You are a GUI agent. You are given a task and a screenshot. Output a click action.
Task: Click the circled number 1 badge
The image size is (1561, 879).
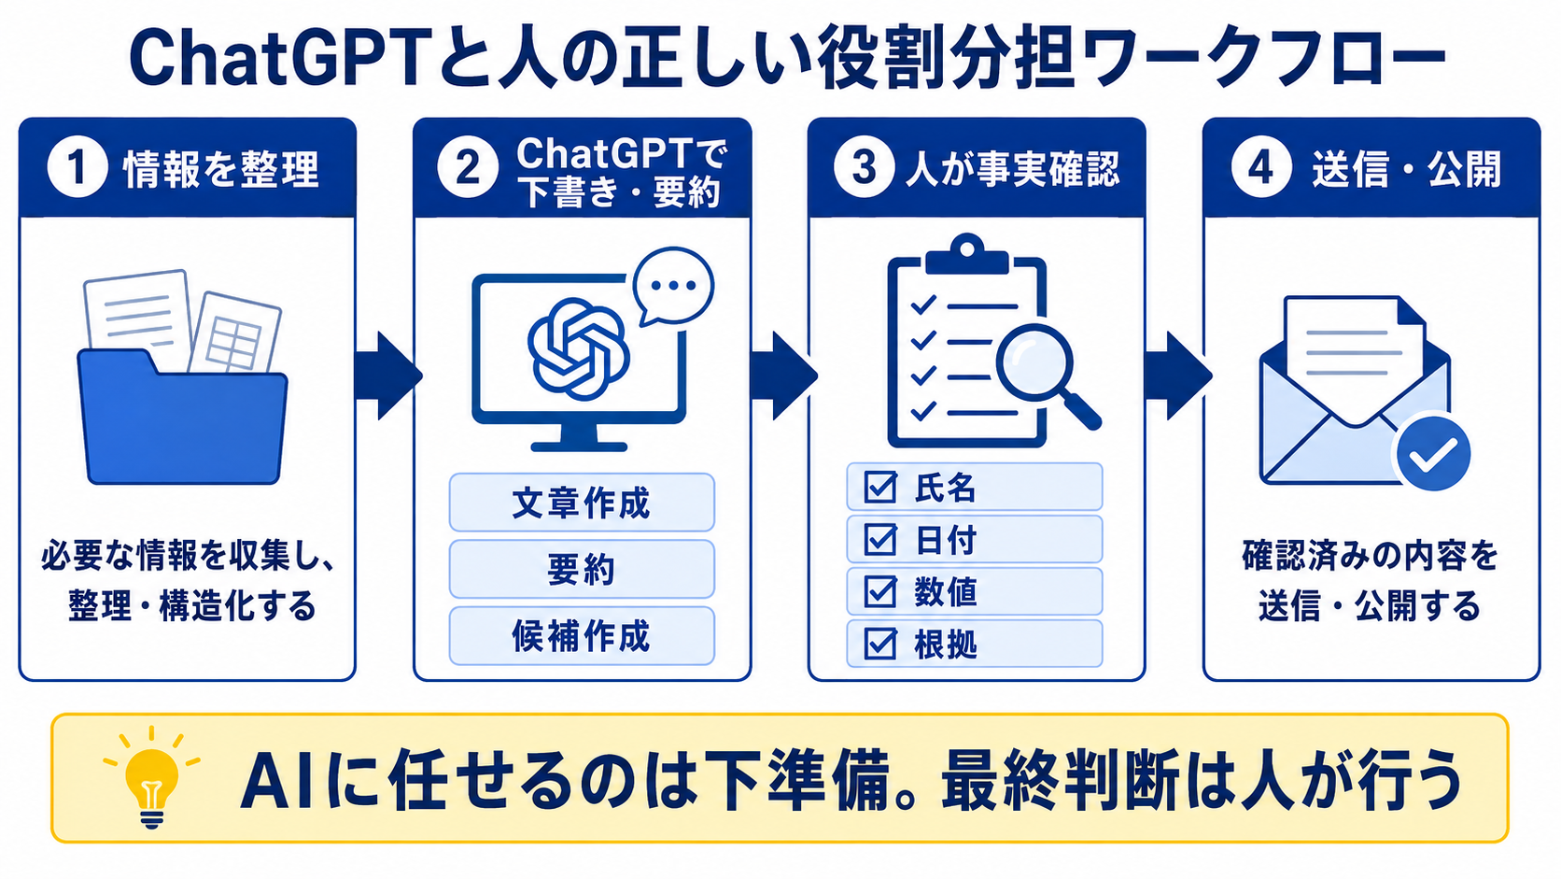click(77, 168)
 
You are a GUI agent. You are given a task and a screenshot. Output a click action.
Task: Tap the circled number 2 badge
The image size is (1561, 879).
click(468, 168)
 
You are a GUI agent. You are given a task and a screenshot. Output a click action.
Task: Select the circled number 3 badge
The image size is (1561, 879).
click(864, 168)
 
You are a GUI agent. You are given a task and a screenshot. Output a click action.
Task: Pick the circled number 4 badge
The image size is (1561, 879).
click(1260, 168)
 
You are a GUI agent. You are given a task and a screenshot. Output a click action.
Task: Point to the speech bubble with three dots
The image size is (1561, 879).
click(672, 286)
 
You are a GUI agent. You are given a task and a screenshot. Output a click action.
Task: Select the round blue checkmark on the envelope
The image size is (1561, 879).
click(1433, 454)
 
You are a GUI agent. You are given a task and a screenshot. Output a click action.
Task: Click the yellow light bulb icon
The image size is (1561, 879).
click(152, 777)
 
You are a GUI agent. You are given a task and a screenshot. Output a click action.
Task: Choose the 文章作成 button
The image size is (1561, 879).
click(582, 503)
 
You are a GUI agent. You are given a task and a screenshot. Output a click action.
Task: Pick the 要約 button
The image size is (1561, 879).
click(582, 570)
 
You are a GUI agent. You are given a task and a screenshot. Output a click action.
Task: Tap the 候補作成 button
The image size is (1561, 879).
click(582, 636)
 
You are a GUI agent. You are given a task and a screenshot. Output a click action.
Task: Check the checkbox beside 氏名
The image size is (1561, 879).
click(880, 488)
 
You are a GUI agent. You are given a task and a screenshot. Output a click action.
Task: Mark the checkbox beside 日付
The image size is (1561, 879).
click(880, 540)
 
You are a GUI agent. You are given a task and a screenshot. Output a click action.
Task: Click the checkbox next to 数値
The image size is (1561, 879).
click(880, 592)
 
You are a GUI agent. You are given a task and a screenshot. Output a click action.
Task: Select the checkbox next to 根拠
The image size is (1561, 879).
click(880, 645)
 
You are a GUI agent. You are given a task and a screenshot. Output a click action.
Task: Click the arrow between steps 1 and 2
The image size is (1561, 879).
click(387, 376)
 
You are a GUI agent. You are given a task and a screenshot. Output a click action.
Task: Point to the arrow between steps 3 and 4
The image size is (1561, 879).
click(1177, 376)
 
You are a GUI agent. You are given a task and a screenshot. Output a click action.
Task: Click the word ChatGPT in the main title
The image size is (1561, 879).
click(286, 59)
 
